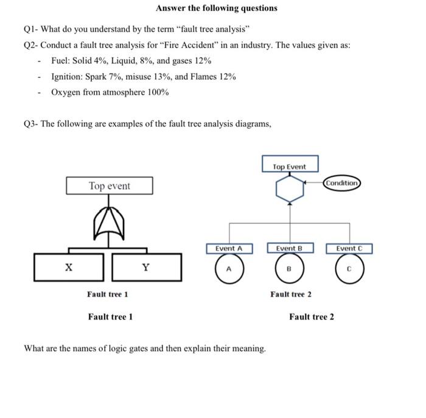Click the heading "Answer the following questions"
pyautogui.click(x=216, y=8)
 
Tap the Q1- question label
pyautogui.click(x=32, y=30)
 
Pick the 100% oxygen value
pyautogui.click(x=157, y=92)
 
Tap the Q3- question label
pyautogui.click(x=32, y=124)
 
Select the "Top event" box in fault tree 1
pyautogui.click(x=110, y=186)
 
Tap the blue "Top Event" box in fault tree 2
pyautogui.click(x=290, y=166)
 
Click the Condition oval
pyautogui.click(x=342, y=183)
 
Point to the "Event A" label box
pyautogui.click(x=229, y=248)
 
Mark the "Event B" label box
pyautogui.click(x=290, y=248)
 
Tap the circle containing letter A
pyautogui.click(x=229, y=268)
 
